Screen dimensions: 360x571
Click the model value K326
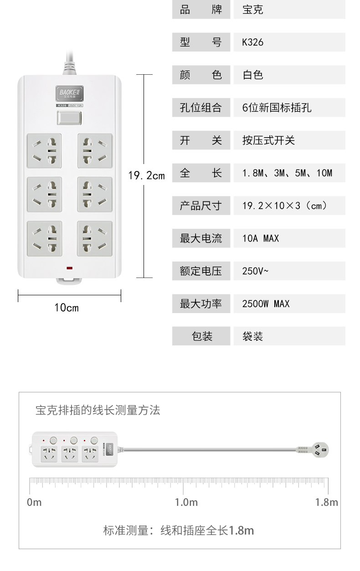pyautogui.click(x=252, y=42)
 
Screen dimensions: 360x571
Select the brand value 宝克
pyautogui.click(x=252, y=10)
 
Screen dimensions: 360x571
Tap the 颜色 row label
pyautogui.click(x=201, y=75)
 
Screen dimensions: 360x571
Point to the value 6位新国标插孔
pyautogui.click(x=277, y=108)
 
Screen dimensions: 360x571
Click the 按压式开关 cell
pyautogui.click(x=268, y=140)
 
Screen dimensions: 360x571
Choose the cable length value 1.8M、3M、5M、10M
pyautogui.click(x=287, y=173)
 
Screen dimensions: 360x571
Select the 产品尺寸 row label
pyautogui.click(x=201, y=206)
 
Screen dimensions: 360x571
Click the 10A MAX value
pyautogui.click(x=261, y=238)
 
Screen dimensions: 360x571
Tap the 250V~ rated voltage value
pyautogui.click(x=255, y=271)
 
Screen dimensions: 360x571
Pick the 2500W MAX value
pyautogui.click(x=266, y=304)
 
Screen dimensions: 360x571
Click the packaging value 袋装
pyautogui.click(x=252, y=336)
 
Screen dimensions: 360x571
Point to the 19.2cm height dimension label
pyautogui.click(x=146, y=175)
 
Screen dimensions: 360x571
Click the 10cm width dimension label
pyautogui.click(x=67, y=308)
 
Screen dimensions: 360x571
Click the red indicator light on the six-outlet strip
pyautogui.click(x=69, y=268)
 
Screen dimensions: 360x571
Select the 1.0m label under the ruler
pyautogui.click(x=186, y=503)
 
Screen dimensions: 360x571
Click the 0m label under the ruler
pyautogui.click(x=34, y=503)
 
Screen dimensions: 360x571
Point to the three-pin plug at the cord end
pyautogui.click(x=320, y=450)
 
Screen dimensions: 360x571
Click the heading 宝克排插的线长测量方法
pyautogui.click(x=98, y=410)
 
